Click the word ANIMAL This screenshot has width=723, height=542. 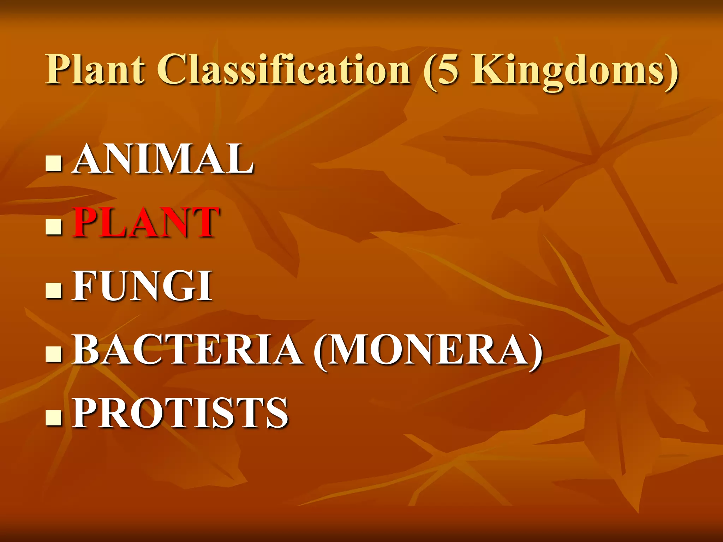pyautogui.click(x=163, y=159)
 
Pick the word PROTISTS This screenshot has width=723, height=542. pyautogui.click(x=180, y=413)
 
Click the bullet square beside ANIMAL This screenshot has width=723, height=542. pyautogui.click(x=54, y=163)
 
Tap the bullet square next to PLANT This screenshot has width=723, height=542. pyautogui.click(x=54, y=227)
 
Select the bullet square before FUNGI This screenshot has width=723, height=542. pyautogui.click(x=54, y=290)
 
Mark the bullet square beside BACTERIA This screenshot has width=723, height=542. pyautogui.click(x=54, y=354)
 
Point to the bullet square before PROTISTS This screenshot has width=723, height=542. pyautogui.click(x=54, y=417)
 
